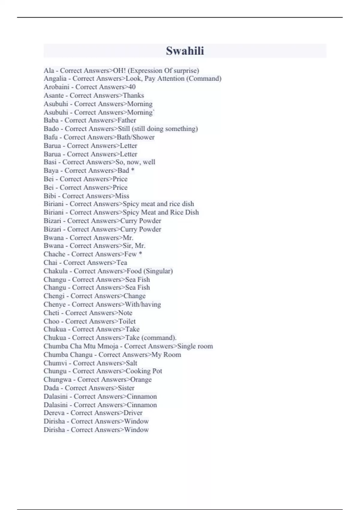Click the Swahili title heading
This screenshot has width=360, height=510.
(185, 51)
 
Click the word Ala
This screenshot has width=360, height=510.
(49, 70)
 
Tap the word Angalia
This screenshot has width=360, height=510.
(55, 79)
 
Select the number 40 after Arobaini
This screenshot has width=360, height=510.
(132, 87)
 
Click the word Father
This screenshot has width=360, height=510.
(127, 120)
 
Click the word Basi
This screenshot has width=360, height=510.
(50, 162)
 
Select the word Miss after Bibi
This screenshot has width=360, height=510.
(122, 196)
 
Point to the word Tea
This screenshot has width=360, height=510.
(122, 262)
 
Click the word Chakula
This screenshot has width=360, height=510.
(55, 271)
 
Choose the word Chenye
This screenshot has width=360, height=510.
(55, 304)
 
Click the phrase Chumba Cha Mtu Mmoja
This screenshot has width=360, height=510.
(81, 346)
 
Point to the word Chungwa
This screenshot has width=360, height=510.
(57, 379)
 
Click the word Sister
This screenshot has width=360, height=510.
(126, 388)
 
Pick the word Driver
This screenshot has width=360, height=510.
(133, 413)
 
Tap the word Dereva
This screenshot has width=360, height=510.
(54, 413)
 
